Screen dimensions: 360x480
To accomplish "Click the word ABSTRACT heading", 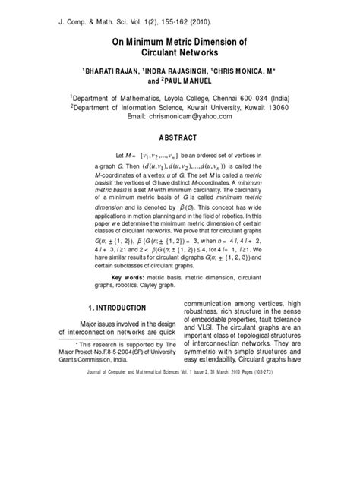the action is [x=180, y=138].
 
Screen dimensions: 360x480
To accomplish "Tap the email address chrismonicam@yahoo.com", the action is [x=190, y=118].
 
